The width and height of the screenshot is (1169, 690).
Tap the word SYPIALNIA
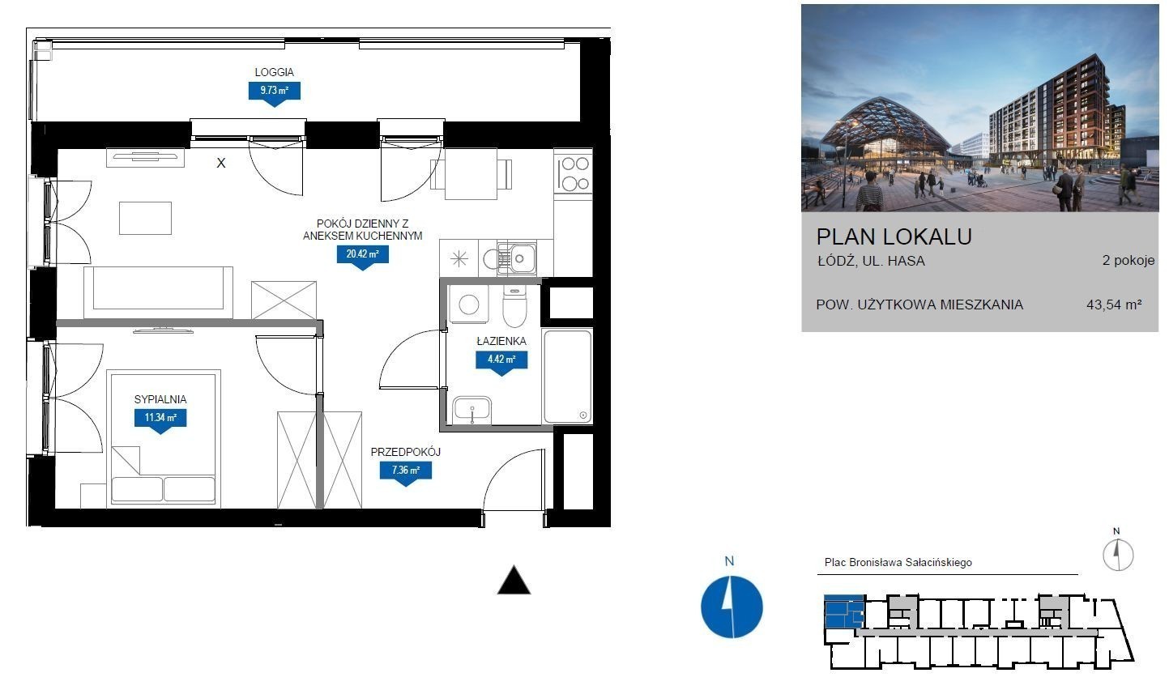(x=160, y=399)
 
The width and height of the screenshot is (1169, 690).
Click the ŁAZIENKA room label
(x=501, y=341)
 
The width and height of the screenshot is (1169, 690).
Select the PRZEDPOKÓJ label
(x=406, y=452)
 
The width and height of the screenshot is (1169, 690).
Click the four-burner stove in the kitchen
(x=573, y=174)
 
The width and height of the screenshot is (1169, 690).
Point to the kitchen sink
(x=517, y=258)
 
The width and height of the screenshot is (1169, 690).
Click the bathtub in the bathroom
(x=567, y=376)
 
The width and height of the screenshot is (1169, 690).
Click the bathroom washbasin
(x=471, y=411)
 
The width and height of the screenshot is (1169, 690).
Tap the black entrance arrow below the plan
(x=514, y=580)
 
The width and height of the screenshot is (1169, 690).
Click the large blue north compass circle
(x=732, y=607)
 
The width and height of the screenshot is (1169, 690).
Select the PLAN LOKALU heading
(x=894, y=236)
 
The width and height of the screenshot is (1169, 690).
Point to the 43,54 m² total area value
(x=1114, y=305)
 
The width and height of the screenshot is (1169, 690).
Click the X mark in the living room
(x=221, y=164)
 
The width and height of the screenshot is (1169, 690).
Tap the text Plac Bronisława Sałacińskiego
(x=898, y=562)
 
